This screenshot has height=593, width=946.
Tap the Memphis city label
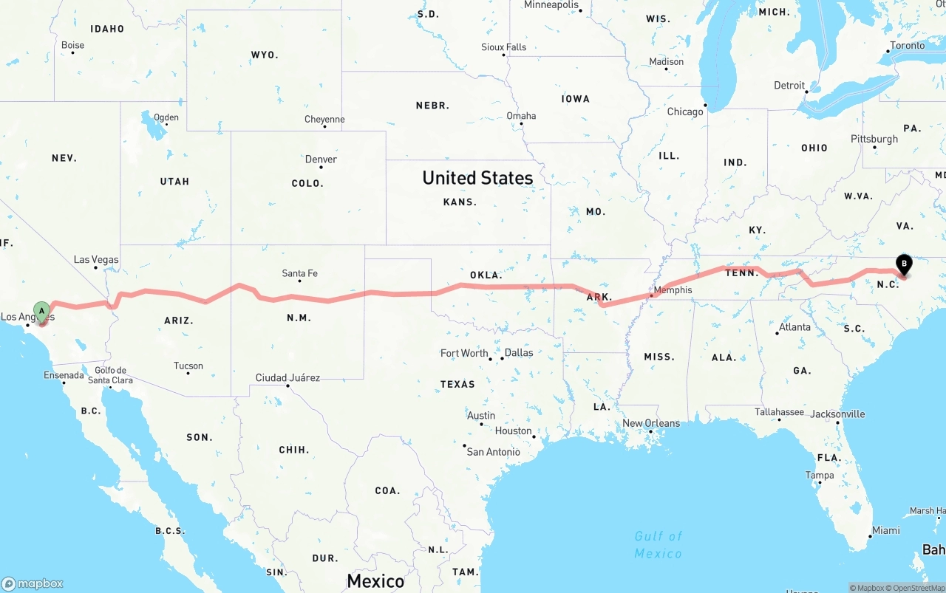673,289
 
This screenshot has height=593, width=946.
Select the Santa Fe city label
299,273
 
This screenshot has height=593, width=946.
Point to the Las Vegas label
96,260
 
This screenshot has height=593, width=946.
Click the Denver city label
321,159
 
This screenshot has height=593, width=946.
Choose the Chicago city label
685,112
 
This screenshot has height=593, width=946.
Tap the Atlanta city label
794,327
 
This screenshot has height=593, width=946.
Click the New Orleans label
650,423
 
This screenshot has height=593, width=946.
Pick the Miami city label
885,530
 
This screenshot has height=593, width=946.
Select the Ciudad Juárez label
287,377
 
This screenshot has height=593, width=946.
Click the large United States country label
477,177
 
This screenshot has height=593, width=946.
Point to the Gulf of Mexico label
658,545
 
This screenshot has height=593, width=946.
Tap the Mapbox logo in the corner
33,583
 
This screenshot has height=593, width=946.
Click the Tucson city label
188,366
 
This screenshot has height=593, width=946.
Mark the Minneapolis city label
551,5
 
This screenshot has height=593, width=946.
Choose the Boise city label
72,45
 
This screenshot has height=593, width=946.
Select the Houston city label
513,431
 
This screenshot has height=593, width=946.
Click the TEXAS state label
457,384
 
